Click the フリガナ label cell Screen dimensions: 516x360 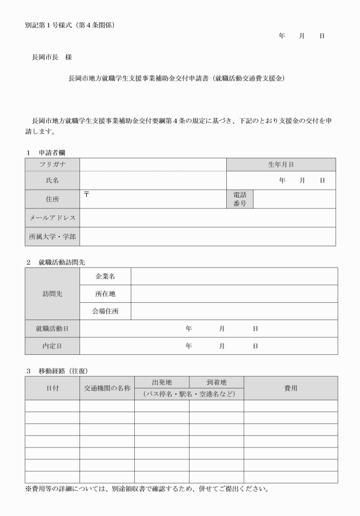(x=52, y=164)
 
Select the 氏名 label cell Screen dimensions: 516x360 (x=52, y=180)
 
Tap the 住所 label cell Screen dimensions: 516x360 (x=52, y=199)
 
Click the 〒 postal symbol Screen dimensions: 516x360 (x=86, y=194)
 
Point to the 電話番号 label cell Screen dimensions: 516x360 (x=240, y=199)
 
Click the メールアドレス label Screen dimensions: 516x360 (x=52, y=218)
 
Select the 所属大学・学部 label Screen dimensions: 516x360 (x=52, y=237)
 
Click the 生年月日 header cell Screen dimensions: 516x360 (x=281, y=164)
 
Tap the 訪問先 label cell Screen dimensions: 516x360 (x=52, y=294)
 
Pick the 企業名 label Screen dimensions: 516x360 (x=105, y=276)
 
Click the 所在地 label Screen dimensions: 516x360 (x=105, y=294)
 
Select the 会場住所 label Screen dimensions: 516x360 (x=105, y=311)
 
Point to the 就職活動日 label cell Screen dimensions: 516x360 (x=52, y=329)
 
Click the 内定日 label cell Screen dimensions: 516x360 (x=52, y=346)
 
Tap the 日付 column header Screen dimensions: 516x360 (x=52, y=388)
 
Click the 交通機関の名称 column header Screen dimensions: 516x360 (x=107, y=388)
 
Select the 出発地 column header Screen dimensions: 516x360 (x=162, y=382)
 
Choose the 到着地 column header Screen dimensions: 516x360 (x=217, y=382)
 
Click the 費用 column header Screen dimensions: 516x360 (x=290, y=388)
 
